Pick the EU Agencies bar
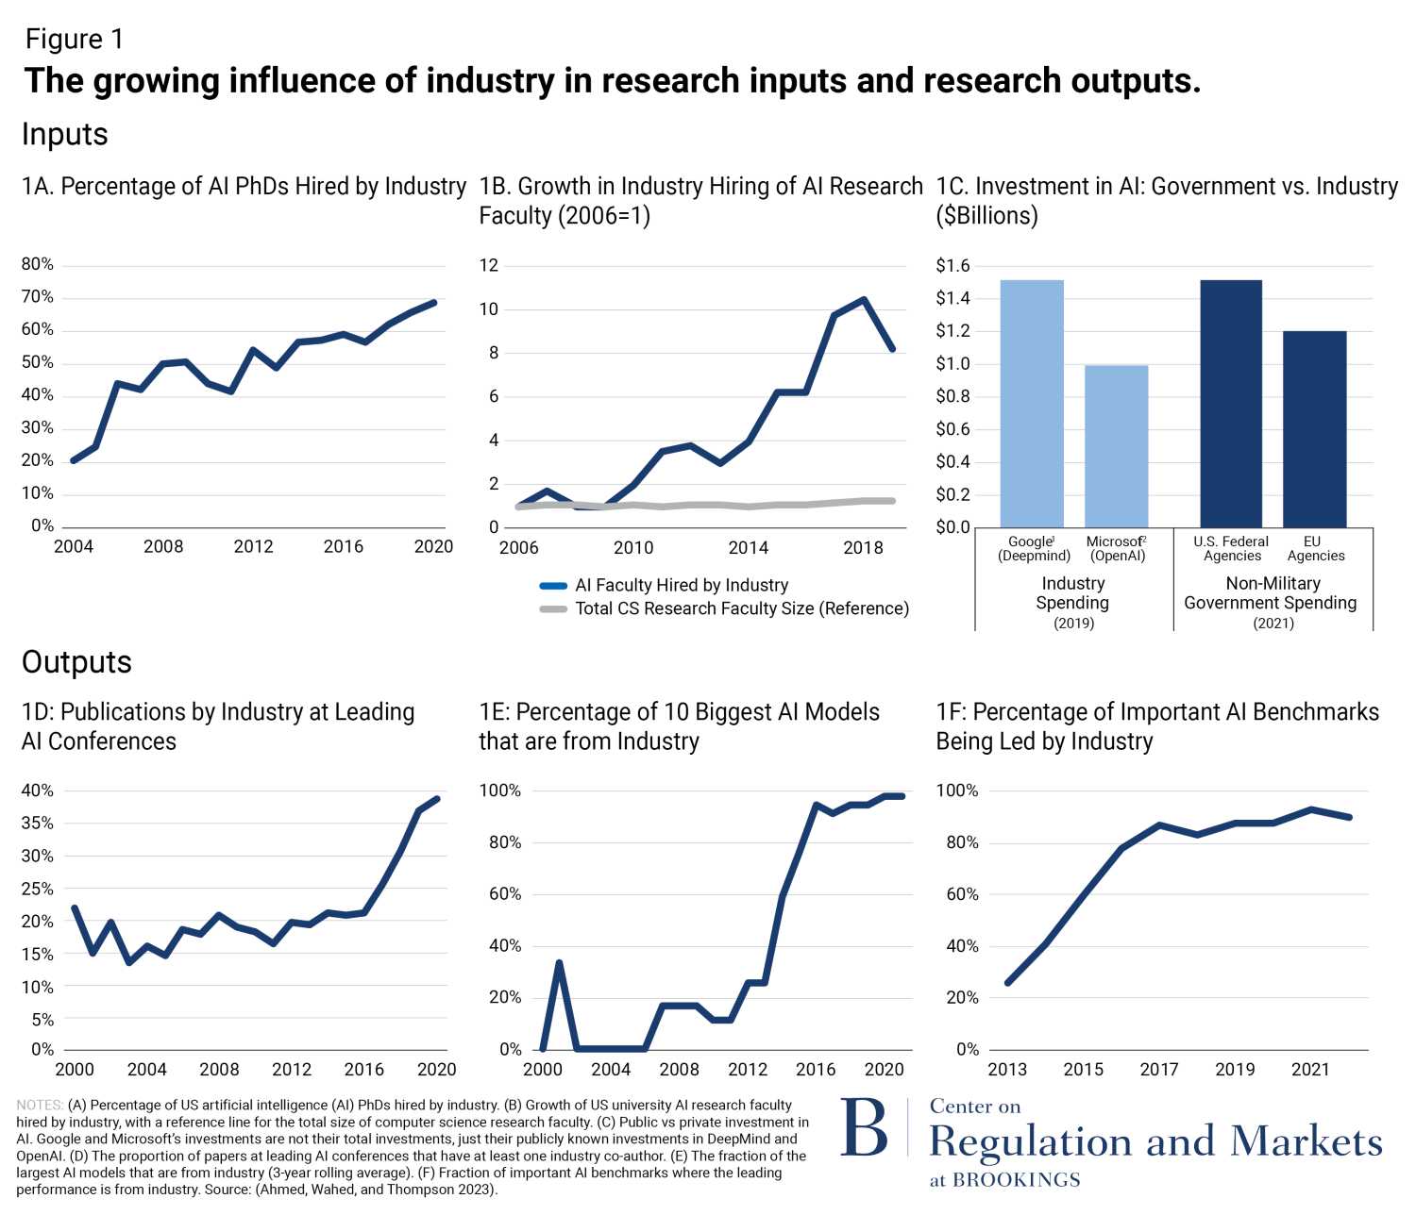tap(1314, 429)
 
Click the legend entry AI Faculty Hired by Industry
tap(681, 585)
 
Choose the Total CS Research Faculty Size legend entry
tap(741, 608)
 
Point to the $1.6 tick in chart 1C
tap(952, 266)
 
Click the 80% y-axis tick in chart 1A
tap(38, 264)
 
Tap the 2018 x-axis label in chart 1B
tap(863, 547)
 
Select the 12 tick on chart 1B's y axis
tap(488, 265)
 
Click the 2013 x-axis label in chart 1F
tap(1006, 1070)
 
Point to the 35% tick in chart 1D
tap(38, 823)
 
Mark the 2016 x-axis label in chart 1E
tap(816, 1070)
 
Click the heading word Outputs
tap(76, 662)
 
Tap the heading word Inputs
tap(64, 135)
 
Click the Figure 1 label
tap(74, 40)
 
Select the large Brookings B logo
tap(864, 1127)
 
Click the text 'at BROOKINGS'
tap(1004, 1180)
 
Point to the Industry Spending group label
tap(1072, 593)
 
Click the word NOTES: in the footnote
tap(40, 1105)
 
